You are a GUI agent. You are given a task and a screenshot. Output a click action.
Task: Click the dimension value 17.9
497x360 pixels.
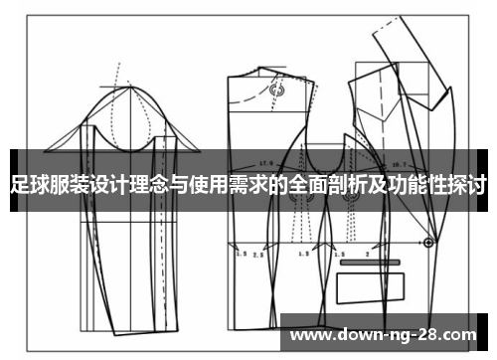[x=265, y=162]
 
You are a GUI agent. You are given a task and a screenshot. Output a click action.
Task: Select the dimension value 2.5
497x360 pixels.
[x=256, y=255]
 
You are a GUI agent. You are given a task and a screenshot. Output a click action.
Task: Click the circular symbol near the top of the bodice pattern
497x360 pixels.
[x=277, y=89]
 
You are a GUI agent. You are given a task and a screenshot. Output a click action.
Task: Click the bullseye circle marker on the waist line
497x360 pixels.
[x=427, y=241]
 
